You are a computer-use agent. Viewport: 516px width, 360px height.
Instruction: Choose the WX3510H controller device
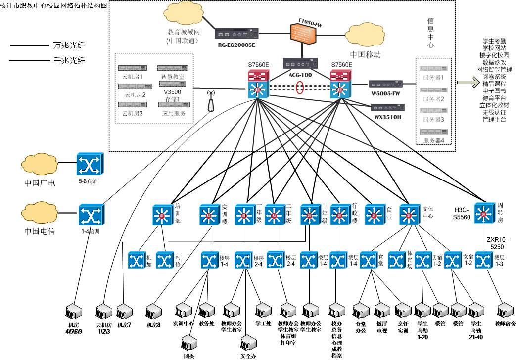pyautogui.click(x=387, y=107)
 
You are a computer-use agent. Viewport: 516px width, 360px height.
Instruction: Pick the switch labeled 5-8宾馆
pyautogui.click(x=90, y=164)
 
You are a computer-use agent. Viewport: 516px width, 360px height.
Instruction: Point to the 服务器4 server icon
pyautogui.click(x=432, y=132)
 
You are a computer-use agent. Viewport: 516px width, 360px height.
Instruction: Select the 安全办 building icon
pyautogui.click(x=248, y=343)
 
